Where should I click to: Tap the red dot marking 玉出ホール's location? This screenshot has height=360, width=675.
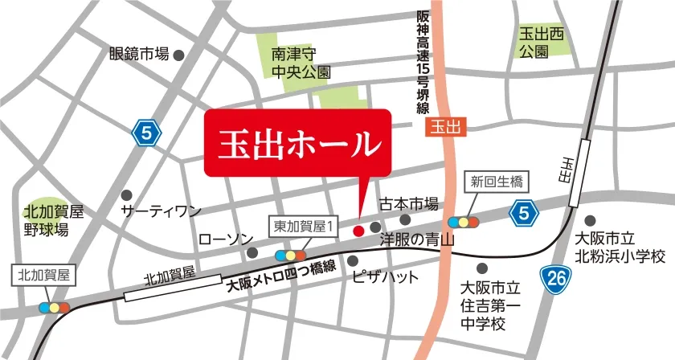pyautogui.click(x=358, y=231)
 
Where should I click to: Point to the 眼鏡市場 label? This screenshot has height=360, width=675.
pyautogui.click(x=139, y=55)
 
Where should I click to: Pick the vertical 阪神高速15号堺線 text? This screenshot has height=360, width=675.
pyautogui.click(x=423, y=63)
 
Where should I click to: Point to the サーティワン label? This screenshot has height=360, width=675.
pyautogui.click(x=160, y=211)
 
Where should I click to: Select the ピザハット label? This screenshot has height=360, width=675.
pyautogui.click(x=386, y=277)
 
